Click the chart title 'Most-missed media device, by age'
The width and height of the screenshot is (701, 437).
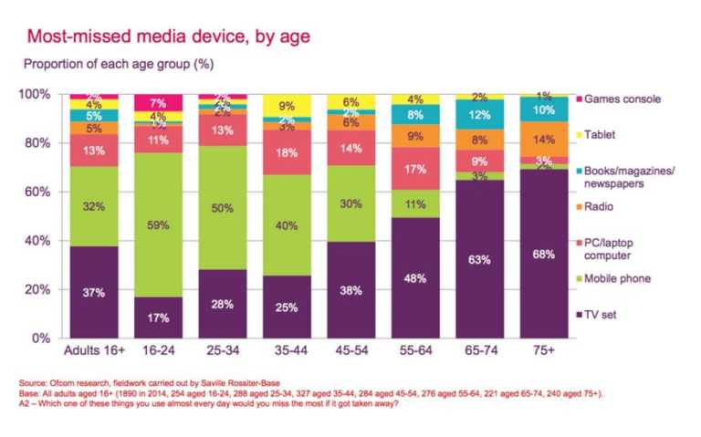click(x=169, y=36)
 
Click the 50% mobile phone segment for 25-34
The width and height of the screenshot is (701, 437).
click(x=222, y=208)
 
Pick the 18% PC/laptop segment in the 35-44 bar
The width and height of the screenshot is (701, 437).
click(x=286, y=152)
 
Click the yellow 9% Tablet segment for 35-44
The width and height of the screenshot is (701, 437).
click(x=286, y=105)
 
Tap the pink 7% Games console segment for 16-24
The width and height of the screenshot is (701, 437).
click(x=158, y=102)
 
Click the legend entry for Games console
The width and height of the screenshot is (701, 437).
click(x=621, y=99)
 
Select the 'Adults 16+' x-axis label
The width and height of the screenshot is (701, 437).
click(x=94, y=349)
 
